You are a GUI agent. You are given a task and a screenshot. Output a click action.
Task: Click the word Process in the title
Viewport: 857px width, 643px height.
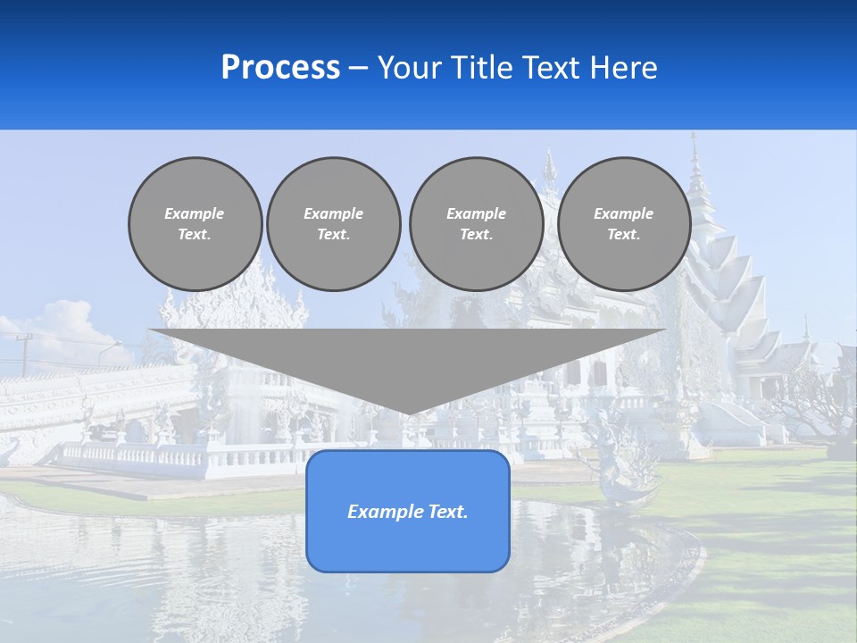coord(280,68)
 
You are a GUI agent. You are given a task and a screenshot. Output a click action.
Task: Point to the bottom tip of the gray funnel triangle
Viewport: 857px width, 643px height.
coord(408,413)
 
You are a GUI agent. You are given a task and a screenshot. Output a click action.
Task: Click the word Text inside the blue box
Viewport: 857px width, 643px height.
coord(445,512)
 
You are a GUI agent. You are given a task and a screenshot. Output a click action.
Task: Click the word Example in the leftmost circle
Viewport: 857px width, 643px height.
coord(195,213)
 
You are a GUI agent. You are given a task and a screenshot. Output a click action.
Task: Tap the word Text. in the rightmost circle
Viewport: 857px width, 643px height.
coord(623,234)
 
